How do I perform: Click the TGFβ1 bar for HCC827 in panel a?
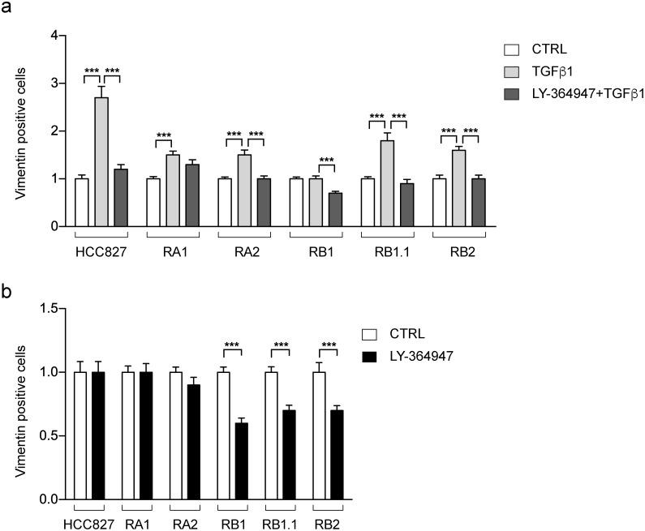click(x=101, y=162)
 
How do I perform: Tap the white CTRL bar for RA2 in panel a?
click(x=225, y=202)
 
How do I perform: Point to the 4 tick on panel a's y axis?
click(x=54, y=36)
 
